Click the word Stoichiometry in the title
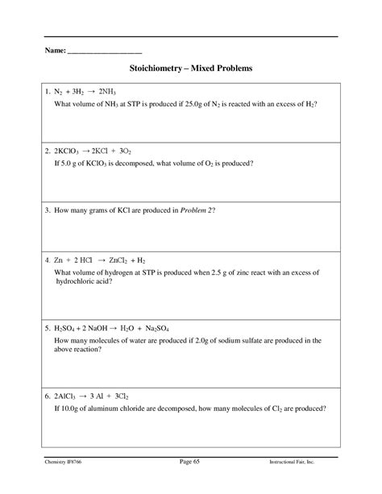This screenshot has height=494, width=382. pyautogui.click(x=156, y=70)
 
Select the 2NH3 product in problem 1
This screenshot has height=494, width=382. pyautogui.click(x=113, y=93)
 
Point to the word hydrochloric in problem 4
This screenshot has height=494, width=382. pyautogui.click(x=76, y=283)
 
